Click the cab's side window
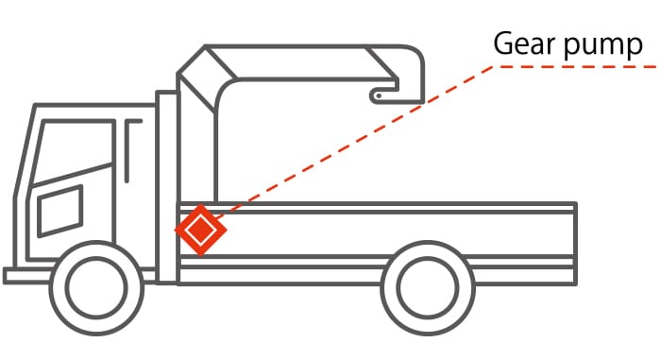pyautogui.click(x=59, y=211)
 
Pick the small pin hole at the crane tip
pyautogui.click(x=378, y=94)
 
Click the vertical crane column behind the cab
pyautogui.click(x=167, y=189)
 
